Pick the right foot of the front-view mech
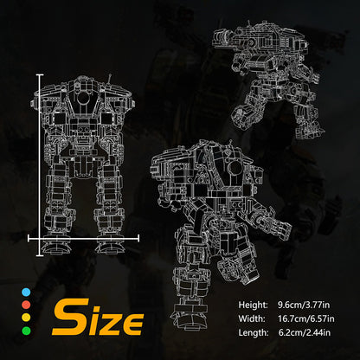tap(111, 247)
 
